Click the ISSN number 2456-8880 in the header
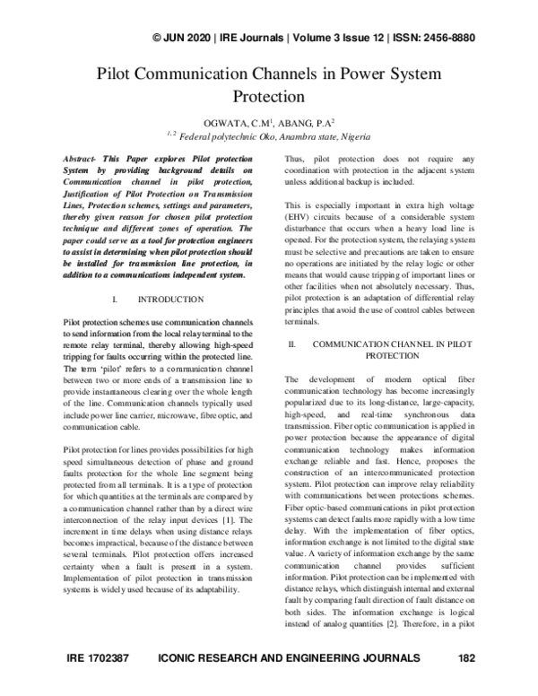tap(445, 38)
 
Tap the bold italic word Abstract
tap(86, 157)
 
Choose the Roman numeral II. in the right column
tap(289, 344)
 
